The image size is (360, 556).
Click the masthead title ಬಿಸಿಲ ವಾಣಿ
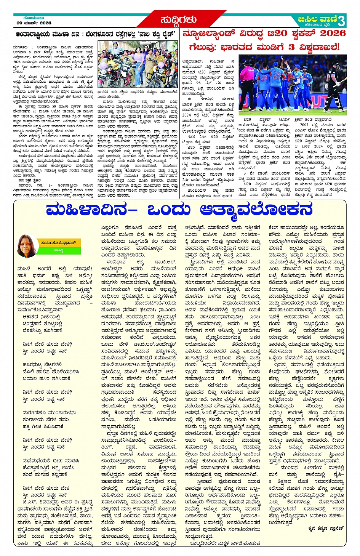(x=318, y=19)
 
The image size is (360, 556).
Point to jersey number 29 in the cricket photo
(x=264, y=77)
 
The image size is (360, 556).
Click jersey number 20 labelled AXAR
(x=277, y=76)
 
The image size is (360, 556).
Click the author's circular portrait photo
(x=28, y=247)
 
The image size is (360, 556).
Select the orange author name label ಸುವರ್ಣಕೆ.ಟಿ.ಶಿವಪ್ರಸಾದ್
(x=58, y=243)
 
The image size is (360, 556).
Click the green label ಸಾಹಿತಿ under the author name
(x=58, y=250)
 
